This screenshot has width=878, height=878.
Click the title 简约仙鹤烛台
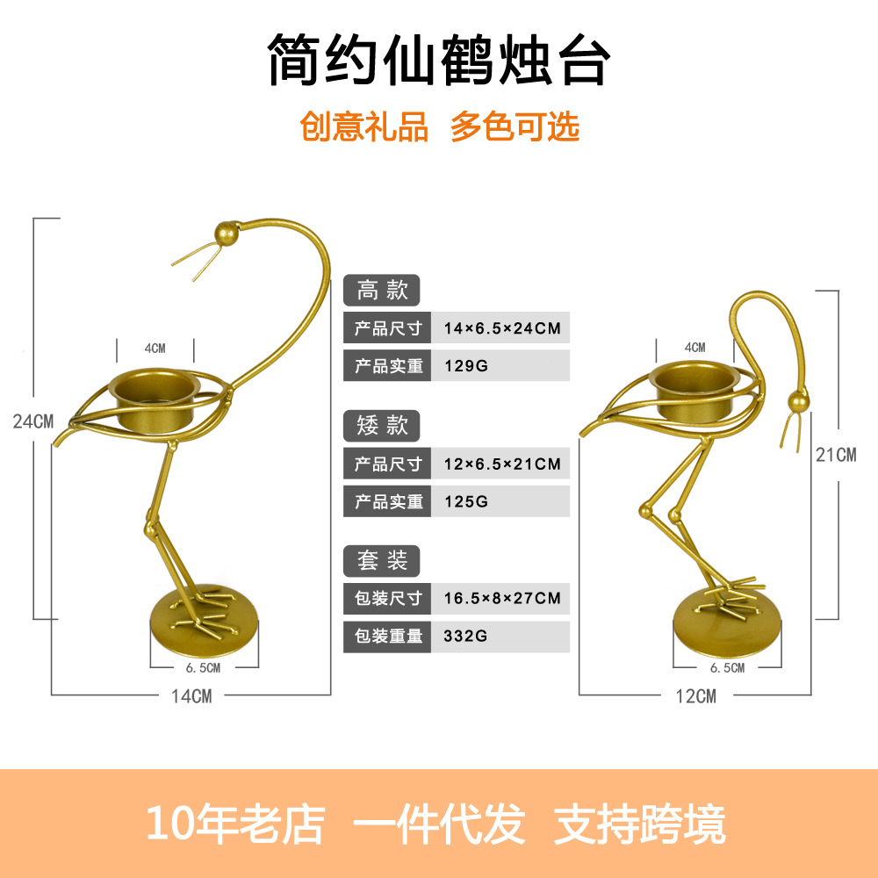[x=438, y=60]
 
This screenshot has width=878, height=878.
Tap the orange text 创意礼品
[x=364, y=126]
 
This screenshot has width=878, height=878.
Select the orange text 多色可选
[x=515, y=126]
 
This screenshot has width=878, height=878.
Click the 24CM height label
[x=33, y=421]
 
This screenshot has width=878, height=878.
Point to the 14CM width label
[x=191, y=696]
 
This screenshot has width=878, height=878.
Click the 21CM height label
[x=835, y=454]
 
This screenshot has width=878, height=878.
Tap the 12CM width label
[x=695, y=696]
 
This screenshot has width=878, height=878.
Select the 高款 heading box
[x=382, y=291]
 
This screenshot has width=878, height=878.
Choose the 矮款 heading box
[x=382, y=425]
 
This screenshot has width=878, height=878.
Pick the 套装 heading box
[x=382, y=559]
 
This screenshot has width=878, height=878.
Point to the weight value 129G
[x=466, y=366]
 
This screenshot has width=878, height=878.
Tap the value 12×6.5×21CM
[x=502, y=464]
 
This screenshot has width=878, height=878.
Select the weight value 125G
[x=466, y=501]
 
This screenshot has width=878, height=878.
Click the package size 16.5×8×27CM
[x=502, y=599]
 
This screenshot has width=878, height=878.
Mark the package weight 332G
[x=466, y=636]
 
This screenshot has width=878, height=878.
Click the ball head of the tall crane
[x=226, y=234]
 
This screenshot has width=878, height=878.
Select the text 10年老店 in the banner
[x=234, y=824]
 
